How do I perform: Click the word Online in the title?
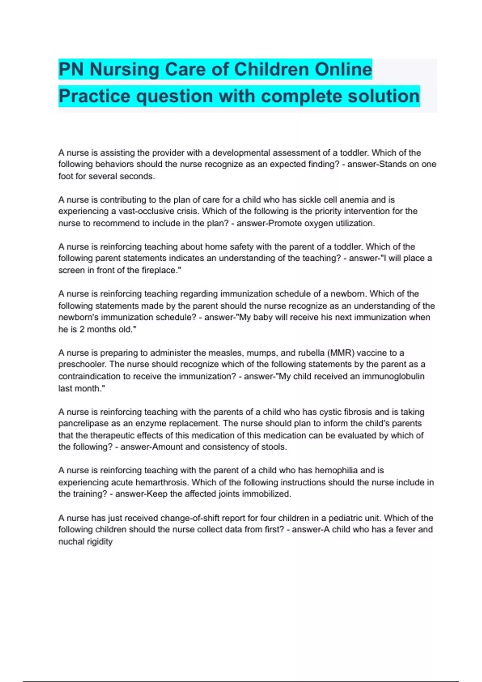point(343,69)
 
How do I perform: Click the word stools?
point(274,447)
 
